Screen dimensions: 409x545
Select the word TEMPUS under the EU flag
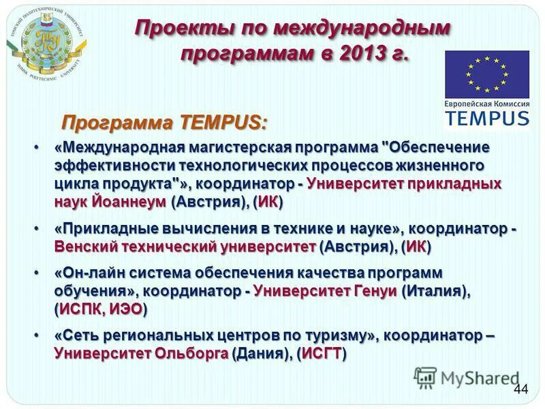coord(486,117)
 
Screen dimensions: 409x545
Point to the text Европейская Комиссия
coord(486,103)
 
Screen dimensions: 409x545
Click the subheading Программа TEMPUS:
coord(165,123)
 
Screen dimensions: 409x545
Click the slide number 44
coord(521,389)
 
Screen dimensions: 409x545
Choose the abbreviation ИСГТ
coord(322,354)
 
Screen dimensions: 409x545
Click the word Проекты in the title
coord(183,29)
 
